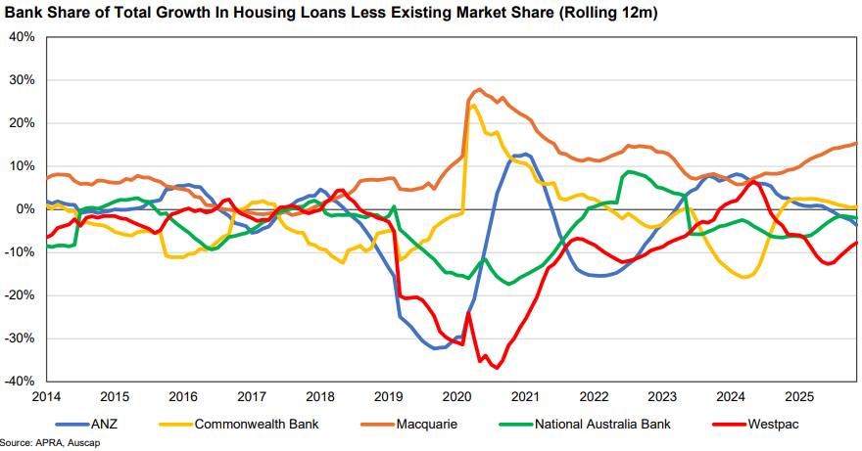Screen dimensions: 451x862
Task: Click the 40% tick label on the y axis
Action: (21, 37)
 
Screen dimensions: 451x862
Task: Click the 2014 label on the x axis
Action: (47, 396)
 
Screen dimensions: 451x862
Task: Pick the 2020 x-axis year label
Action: (457, 396)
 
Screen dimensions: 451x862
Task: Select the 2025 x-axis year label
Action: (800, 396)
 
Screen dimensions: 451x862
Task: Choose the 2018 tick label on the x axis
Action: (320, 396)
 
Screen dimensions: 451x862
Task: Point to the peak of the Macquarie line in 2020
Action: (478, 89)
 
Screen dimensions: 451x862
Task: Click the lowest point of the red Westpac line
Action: (497, 368)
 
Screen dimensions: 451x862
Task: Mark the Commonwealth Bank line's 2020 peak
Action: (474, 105)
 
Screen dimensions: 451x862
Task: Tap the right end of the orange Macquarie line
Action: (857, 144)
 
